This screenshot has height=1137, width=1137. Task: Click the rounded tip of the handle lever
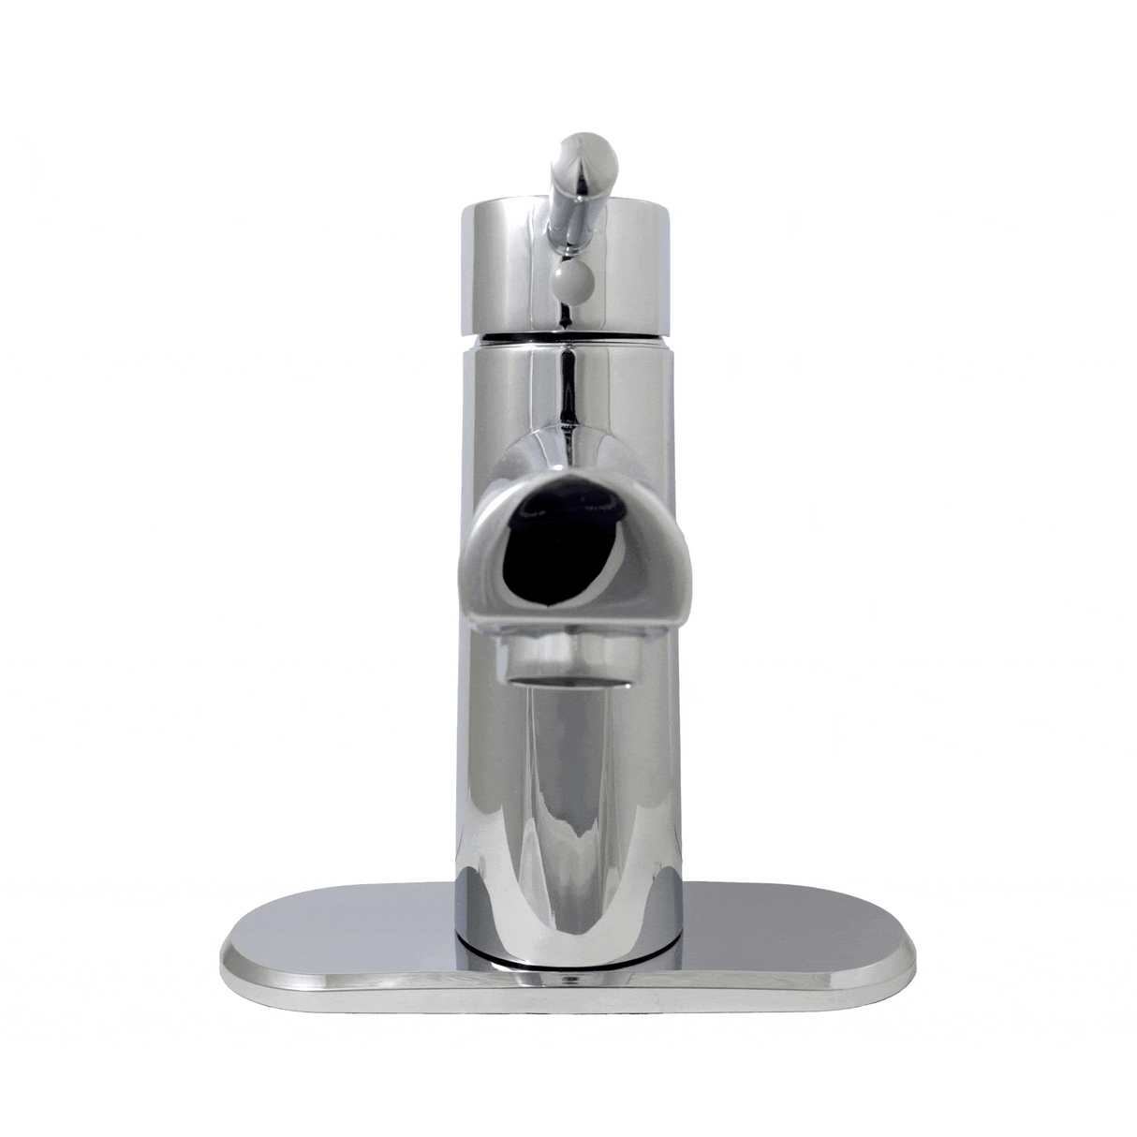586,150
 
